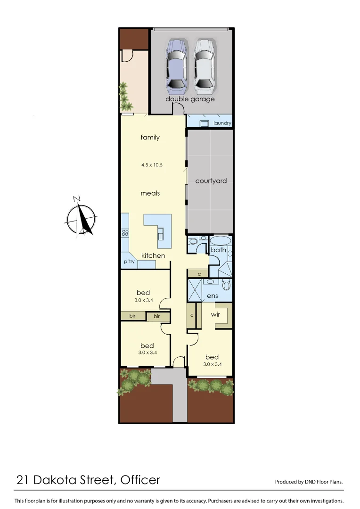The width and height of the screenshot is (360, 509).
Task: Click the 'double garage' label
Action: [x=190, y=99]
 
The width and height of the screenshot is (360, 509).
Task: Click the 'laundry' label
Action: [x=222, y=123]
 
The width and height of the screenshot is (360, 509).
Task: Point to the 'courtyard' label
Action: [x=211, y=181]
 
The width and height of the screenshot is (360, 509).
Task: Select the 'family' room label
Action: [x=150, y=137]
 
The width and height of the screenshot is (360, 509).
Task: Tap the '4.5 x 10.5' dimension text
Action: [x=152, y=165]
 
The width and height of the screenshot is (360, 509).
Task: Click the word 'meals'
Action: [x=150, y=193]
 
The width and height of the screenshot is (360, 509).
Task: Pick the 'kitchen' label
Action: [x=154, y=255]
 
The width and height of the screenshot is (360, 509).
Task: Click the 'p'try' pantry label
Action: [x=129, y=262]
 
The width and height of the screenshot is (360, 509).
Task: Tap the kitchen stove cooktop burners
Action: [x=125, y=232]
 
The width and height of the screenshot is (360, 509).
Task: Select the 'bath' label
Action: [x=219, y=250]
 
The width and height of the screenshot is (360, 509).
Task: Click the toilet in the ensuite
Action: [x=226, y=285]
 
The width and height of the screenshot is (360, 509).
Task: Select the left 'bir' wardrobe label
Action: [x=132, y=316]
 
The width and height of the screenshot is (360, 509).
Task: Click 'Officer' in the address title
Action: [x=140, y=480]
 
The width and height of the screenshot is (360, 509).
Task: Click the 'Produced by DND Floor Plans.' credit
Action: [x=309, y=482]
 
